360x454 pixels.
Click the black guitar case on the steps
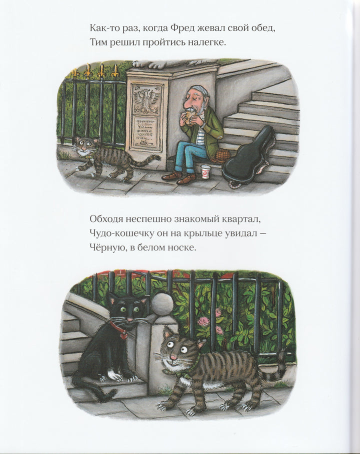(248, 158)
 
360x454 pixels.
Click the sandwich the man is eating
(189, 115)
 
